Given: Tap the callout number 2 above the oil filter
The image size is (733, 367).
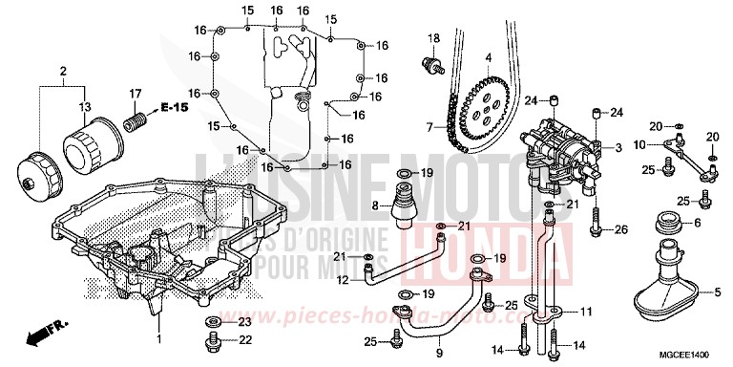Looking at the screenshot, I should tap(64, 72).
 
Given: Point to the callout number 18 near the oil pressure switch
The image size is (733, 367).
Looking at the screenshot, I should tap(432, 36).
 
